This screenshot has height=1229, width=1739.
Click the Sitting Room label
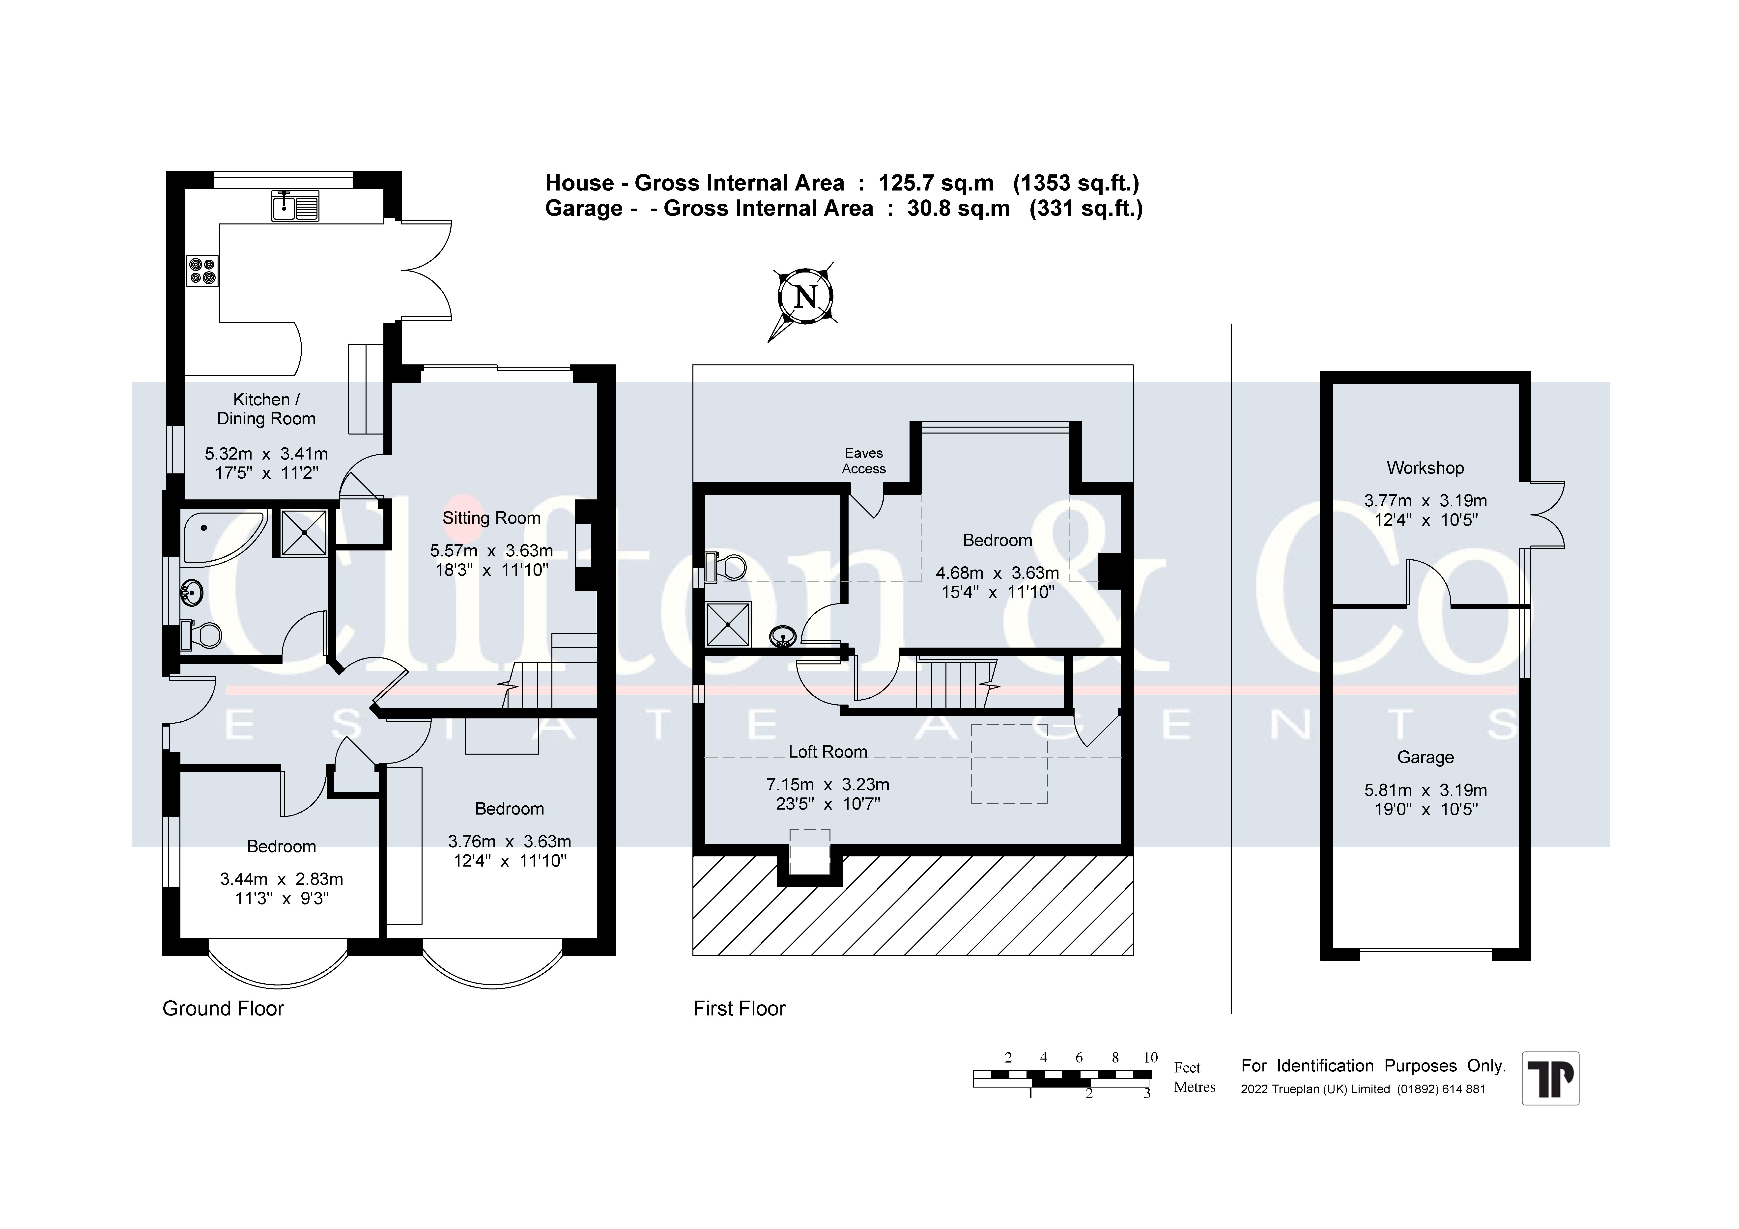point(491,518)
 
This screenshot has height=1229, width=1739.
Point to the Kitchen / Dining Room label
point(266,409)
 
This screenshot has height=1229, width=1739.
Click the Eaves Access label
point(864,460)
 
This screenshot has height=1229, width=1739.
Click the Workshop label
point(1425,468)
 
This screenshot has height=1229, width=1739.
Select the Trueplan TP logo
point(1550,1078)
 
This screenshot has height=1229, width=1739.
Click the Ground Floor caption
point(224,1009)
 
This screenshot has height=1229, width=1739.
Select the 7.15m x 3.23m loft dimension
point(828,785)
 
